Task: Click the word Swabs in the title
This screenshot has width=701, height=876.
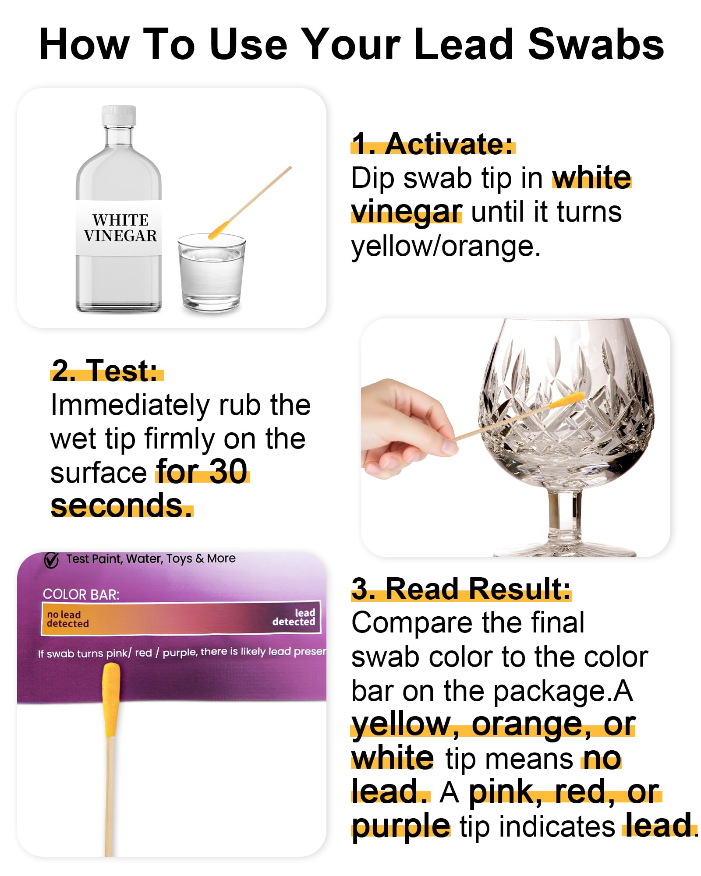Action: tap(596, 44)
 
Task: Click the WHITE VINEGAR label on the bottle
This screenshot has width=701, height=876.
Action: tap(120, 227)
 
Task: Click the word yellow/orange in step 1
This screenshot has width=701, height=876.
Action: tap(446, 246)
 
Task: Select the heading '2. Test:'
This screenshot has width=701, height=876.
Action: tap(105, 370)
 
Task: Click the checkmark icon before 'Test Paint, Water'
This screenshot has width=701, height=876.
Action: tap(51, 560)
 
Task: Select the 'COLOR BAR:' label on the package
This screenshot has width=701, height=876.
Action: tap(81, 594)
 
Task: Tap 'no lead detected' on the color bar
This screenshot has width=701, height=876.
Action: tap(67, 619)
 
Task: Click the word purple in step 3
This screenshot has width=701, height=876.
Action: tap(401, 826)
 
